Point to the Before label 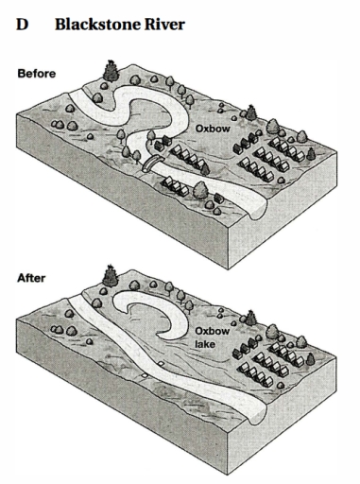(36, 73)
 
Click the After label (31, 279)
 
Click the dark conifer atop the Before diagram (112, 70)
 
